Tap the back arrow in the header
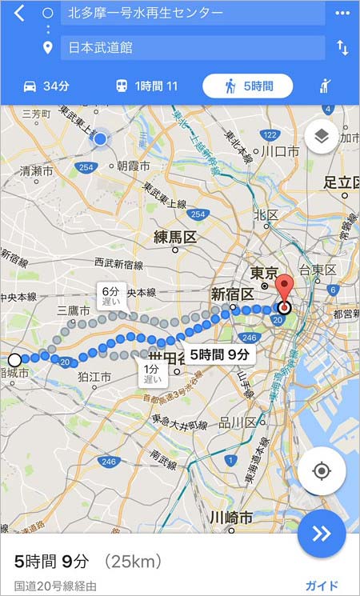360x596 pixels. click(x=20, y=14)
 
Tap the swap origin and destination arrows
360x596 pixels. click(x=342, y=48)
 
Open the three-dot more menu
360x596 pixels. click(x=342, y=14)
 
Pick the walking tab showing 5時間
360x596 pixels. click(x=247, y=86)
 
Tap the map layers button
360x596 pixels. click(x=321, y=137)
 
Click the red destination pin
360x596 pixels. click(x=284, y=290)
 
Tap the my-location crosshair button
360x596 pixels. click(x=322, y=470)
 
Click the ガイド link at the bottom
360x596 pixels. click(x=322, y=586)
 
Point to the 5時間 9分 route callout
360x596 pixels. click(x=220, y=354)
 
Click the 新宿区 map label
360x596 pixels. click(x=232, y=292)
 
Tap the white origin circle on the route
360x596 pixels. click(x=14, y=359)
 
